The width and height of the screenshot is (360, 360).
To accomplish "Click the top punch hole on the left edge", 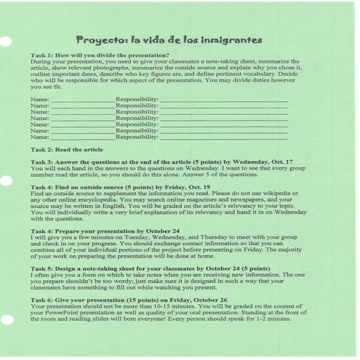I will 5,41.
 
